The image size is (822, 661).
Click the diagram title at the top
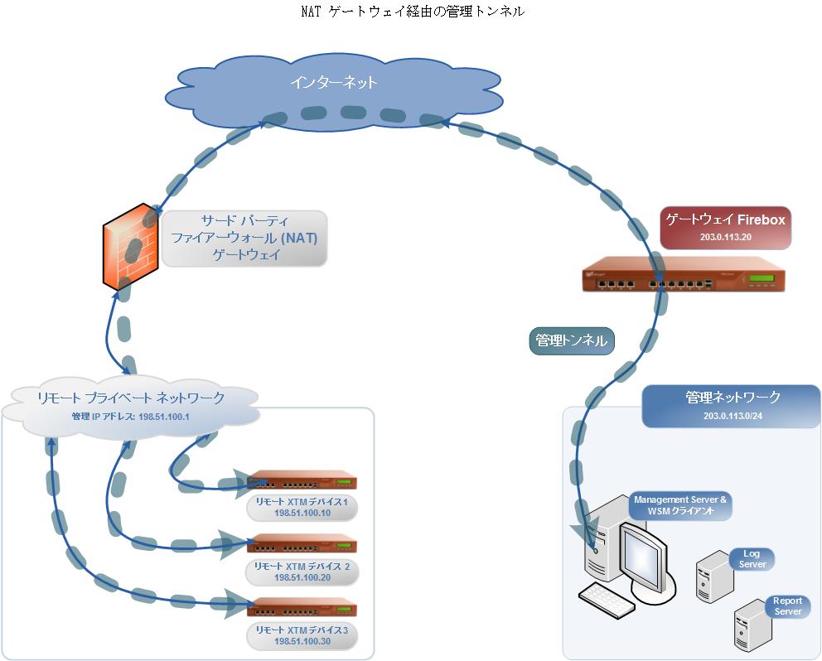point(412,12)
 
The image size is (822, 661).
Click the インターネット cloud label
point(333,82)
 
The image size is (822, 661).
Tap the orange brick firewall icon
point(130,245)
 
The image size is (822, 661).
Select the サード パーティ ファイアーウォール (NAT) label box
point(244,239)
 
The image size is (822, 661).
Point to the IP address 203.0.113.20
point(725,237)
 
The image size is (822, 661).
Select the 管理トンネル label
point(571,340)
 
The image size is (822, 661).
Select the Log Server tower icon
point(712,573)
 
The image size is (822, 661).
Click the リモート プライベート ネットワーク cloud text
point(131,398)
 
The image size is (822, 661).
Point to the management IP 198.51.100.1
point(131,417)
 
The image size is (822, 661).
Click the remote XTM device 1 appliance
point(302,481)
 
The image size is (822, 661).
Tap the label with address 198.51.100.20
point(302,572)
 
